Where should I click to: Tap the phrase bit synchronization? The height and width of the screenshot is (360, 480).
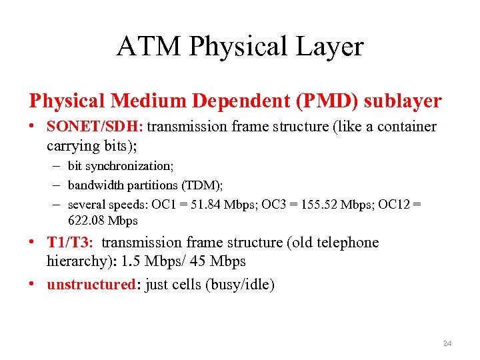(120, 165)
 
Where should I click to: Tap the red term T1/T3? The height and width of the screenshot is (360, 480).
(70, 243)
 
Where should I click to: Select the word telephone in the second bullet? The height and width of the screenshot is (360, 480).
(341, 243)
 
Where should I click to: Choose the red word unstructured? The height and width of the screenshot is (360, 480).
(91, 285)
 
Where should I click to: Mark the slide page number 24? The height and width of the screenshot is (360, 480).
(447, 343)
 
